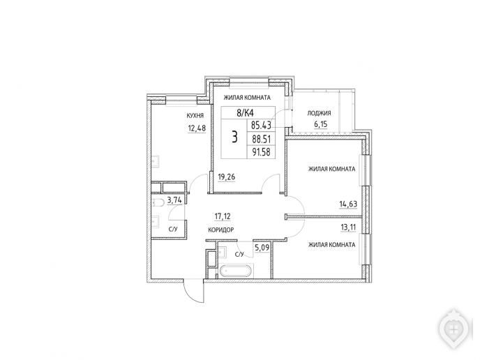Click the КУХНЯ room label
(195, 116)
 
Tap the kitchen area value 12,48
(197, 128)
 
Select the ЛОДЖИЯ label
(320, 113)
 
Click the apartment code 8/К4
(245, 113)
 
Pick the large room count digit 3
(234, 137)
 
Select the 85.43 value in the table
(261, 125)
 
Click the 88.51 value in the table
(262, 139)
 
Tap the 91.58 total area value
(261, 152)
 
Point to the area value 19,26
(227, 177)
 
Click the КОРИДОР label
(221, 230)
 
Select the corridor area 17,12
(223, 217)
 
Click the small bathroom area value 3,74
(174, 200)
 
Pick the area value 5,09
(262, 247)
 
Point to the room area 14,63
(348, 204)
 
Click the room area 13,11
(348, 227)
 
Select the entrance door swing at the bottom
(193, 291)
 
